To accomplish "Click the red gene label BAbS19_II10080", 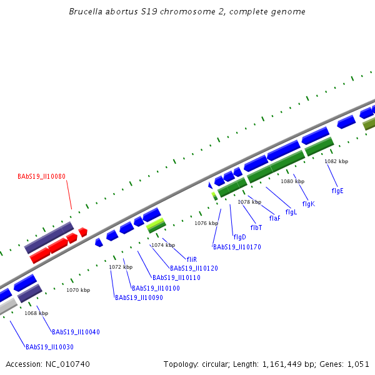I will (x=41, y=177).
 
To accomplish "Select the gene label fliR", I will (x=192, y=259).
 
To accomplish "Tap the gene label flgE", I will (x=337, y=190).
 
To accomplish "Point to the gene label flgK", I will (x=308, y=204).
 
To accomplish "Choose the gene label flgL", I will (x=291, y=212).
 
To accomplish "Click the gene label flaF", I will (x=274, y=218).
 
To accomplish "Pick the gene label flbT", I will (x=256, y=227).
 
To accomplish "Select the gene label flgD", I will (x=239, y=237).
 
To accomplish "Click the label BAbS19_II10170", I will (x=237, y=247).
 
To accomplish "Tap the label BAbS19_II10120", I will (x=194, y=268).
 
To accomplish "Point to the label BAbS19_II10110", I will (x=176, y=277).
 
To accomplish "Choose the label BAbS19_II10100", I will (x=156, y=288).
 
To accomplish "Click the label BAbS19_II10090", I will (x=139, y=297).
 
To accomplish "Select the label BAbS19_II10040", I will (x=76, y=332).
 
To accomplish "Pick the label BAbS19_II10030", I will (x=49, y=347).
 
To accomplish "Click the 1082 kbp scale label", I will (x=336, y=161).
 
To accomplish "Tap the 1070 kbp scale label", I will (x=78, y=290).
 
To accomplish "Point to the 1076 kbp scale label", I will (x=206, y=223).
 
